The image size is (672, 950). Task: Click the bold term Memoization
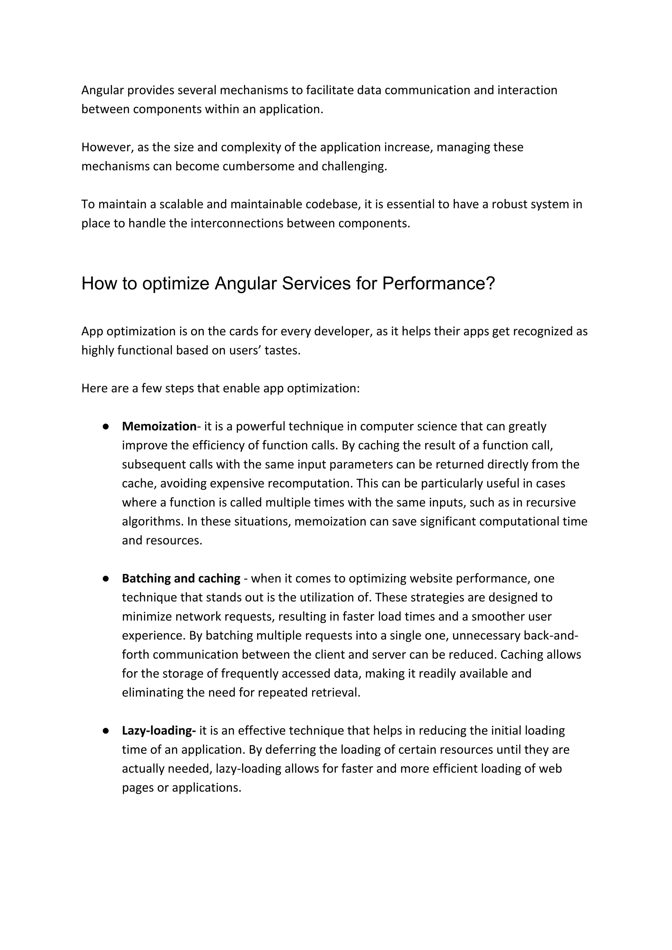[x=159, y=426]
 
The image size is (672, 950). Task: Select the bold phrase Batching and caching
[x=181, y=579]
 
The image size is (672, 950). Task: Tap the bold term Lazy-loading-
[x=159, y=731]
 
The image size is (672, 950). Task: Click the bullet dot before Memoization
[x=106, y=427]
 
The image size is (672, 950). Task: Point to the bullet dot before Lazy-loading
[x=106, y=731]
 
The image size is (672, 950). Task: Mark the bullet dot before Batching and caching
[x=106, y=579]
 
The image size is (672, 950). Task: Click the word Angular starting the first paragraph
[x=103, y=90]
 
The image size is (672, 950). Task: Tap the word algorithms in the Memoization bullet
[x=152, y=521]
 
